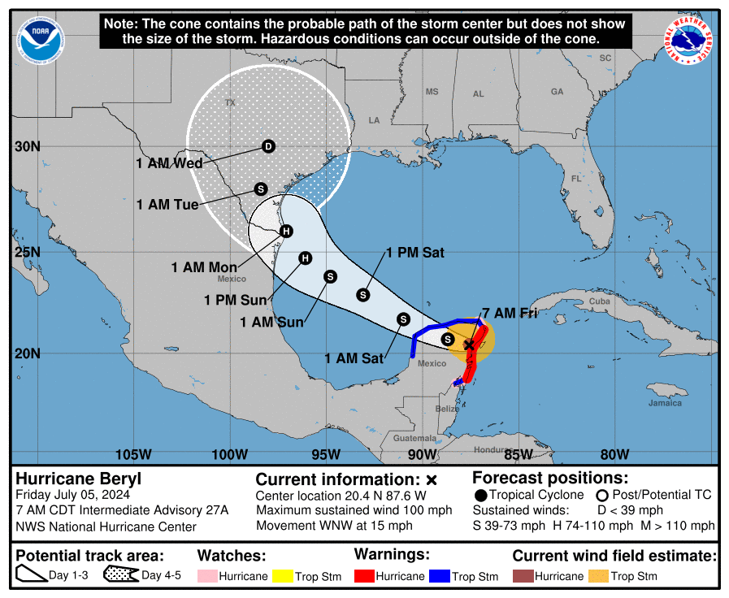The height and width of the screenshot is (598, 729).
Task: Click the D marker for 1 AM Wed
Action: point(268,146)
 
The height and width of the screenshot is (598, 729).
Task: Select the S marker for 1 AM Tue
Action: point(260,188)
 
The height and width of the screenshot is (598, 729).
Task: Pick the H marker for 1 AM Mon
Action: point(286,232)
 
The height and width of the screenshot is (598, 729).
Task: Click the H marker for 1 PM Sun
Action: point(305,258)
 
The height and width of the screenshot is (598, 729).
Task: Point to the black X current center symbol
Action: point(469,345)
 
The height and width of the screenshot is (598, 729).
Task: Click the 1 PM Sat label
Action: point(414,253)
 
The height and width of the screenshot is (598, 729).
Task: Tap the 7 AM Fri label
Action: point(510,313)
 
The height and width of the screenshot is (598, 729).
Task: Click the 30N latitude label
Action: point(28,146)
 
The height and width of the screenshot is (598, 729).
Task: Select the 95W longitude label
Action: point(326,453)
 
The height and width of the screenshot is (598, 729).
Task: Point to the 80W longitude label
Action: point(614,453)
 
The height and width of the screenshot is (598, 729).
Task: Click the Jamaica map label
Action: point(664,403)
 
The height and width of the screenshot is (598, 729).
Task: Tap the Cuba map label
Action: point(599,301)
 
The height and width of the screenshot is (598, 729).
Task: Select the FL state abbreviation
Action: point(576,178)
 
